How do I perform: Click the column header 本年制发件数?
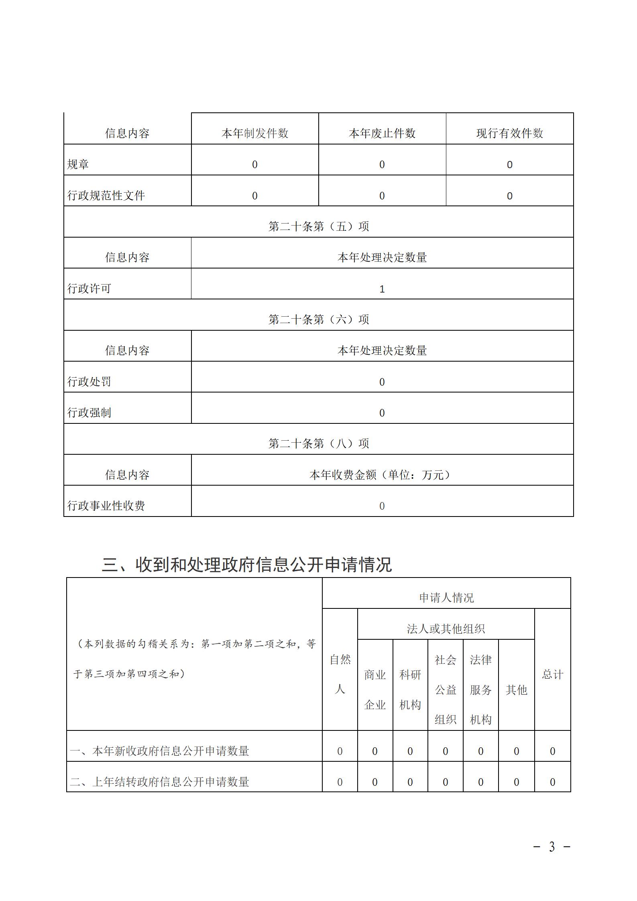(x=255, y=133)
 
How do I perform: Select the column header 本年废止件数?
(x=382, y=133)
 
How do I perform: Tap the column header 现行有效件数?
(x=509, y=133)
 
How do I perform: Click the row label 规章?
(x=78, y=164)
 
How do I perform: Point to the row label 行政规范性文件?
(x=106, y=195)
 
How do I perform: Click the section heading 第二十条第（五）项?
(x=318, y=226)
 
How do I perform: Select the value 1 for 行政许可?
(x=382, y=289)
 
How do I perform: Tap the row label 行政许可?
(x=89, y=289)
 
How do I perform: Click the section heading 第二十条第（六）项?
(x=318, y=319)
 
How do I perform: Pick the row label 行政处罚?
(x=89, y=382)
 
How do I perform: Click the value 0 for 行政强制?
(x=382, y=413)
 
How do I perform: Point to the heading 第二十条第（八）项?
(x=318, y=443)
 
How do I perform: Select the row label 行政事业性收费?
(x=106, y=506)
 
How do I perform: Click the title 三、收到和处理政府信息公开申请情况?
(x=246, y=565)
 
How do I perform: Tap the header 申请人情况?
(x=446, y=598)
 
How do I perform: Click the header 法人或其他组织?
(x=446, y=628)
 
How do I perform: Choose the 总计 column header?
(x=552, y=674)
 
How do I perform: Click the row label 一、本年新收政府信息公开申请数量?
(x=159, y=751)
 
